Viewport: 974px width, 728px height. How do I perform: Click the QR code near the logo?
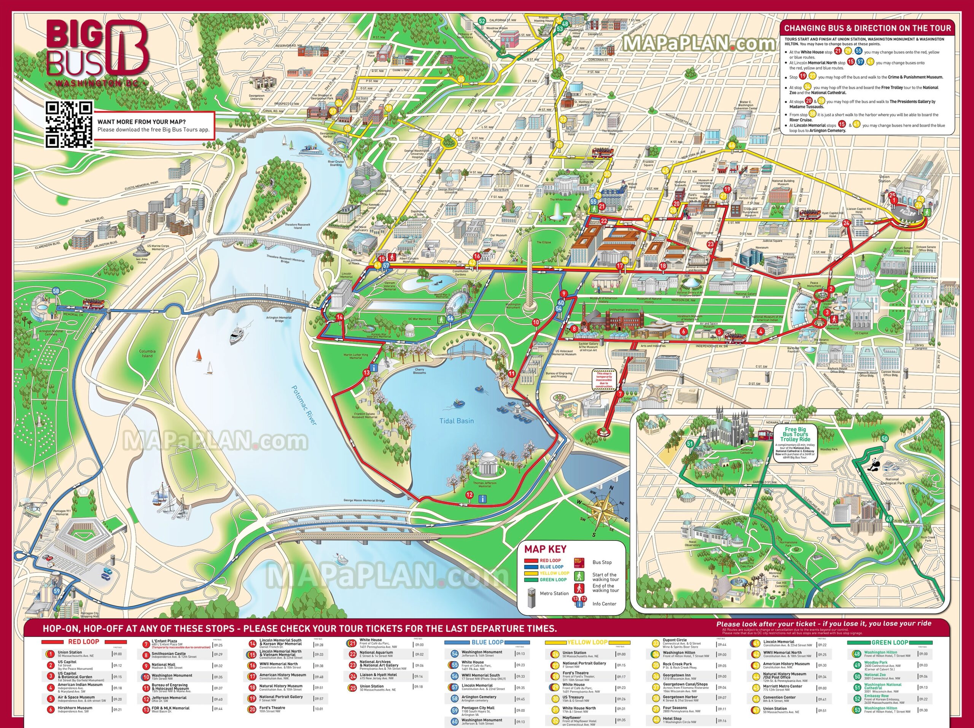click(69, 124)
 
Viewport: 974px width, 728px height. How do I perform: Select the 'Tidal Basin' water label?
click(457, 421)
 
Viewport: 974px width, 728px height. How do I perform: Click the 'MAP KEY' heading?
click(545, 549)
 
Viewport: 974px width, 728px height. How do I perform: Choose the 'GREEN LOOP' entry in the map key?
click(553, 580)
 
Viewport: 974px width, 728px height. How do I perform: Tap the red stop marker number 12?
click(469, 495)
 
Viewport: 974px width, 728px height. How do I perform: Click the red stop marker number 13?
click(367, 372)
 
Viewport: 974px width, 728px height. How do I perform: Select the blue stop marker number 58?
click(56, 291)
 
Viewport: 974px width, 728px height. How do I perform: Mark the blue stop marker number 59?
click(56, 591)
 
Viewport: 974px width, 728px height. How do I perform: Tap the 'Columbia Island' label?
click(148, 353)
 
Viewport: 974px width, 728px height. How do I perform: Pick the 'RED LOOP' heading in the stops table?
click(84, 642)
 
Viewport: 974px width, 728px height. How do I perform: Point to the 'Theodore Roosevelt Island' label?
click(298, 226)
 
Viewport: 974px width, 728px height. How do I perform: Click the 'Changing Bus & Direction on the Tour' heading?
click(867, 28)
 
